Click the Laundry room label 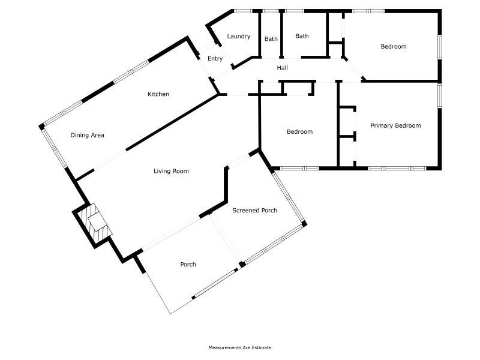[239, 37]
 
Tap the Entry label [215, 58]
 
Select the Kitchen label [158, 94]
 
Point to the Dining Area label [87, 135]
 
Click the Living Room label [171, 171]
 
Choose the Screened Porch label [254, 211]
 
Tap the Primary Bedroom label [396, 125]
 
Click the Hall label [282, 68]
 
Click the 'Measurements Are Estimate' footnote [240, 347]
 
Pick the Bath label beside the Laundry [271, 39]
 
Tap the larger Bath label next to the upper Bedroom [302, 36]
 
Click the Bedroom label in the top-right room [394, 47]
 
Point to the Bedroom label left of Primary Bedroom [299, 131]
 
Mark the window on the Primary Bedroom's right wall [440, 96]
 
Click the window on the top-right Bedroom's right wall [440, 47]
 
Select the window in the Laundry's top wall [243, 11]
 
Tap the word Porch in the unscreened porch [188, 265]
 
